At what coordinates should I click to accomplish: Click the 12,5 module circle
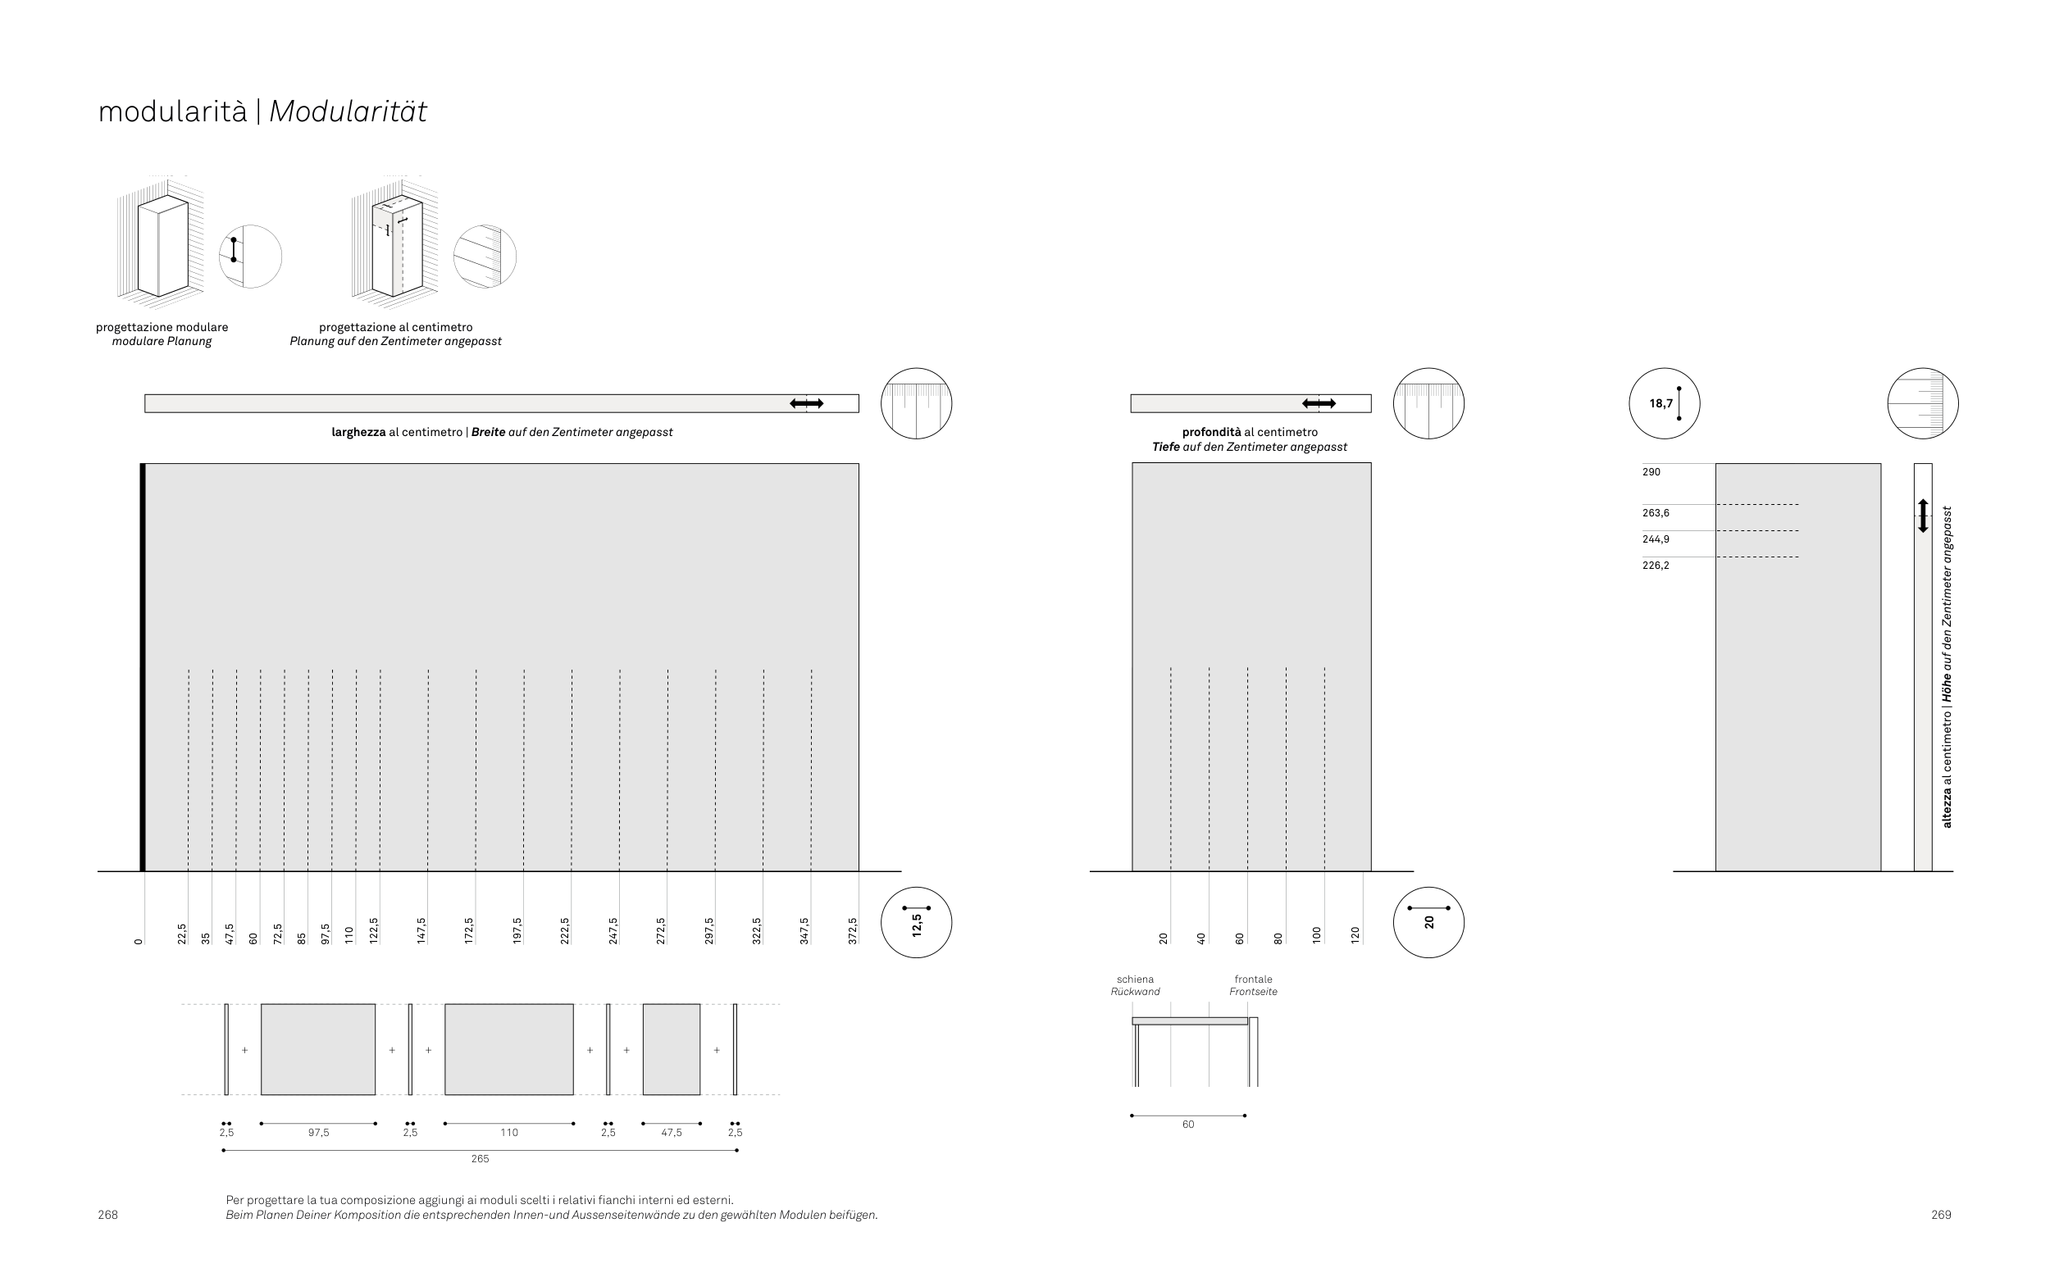[x=916, y=922]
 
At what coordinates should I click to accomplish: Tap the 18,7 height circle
[x=1663, y=403]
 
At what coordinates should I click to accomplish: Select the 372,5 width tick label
[x=853, y=931]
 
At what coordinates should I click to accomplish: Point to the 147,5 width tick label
[x=421, y=931]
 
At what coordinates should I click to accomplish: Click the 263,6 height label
[x=1656, y=513]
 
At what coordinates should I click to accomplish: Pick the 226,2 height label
[x=1656, y=566]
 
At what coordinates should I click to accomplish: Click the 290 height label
[x=1651, y=472]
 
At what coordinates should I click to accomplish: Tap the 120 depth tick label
[x=1355, y=934]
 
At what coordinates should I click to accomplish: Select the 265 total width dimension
[x=480, y=1159]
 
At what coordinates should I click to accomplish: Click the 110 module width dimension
[x=509, y=1133]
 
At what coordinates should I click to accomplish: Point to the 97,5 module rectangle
[x=318, y=1049]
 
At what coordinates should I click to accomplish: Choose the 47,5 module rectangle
[x=671, y=1049]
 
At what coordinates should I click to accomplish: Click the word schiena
[x=1135, y=979]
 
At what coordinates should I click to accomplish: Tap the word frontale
[x=1253, y=979]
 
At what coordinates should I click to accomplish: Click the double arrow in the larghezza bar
[x=806, y=403]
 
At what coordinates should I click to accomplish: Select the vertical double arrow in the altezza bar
[x=1924, y=516]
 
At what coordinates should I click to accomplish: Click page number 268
[x=107, y=1215]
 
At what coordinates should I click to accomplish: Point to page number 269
[x=1941, y=1215]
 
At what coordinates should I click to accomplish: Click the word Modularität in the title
[x=347, y=111]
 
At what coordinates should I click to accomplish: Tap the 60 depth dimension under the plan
[x=1187, y=1125]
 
